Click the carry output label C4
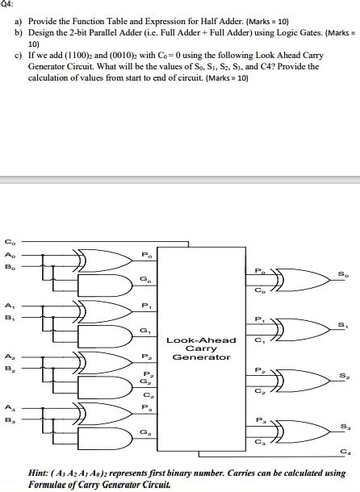345,451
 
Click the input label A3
9,407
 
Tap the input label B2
9,369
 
